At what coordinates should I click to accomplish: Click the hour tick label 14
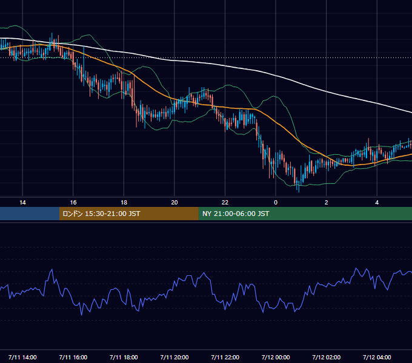(22, 203)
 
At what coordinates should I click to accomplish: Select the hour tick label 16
(73, 203)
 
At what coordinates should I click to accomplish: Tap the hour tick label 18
(124, 203)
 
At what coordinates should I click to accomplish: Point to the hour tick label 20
(174, 203)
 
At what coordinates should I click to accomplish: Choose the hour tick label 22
(225, 203)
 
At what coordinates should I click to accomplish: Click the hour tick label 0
(276, 203)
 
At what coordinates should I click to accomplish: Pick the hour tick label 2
(327, 203)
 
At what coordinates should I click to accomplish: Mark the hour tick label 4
(377, 203)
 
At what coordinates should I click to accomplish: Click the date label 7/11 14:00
(22, 357)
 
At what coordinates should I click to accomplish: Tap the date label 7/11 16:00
(73, 357)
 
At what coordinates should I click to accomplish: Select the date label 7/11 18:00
(124, 357)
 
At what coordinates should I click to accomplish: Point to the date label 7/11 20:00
(174, 357)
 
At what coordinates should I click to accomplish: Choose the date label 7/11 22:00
(225, 357)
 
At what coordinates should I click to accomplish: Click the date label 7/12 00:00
(276, 357)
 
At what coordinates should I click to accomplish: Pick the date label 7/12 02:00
(327, 357)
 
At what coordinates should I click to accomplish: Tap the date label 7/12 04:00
(377, 357)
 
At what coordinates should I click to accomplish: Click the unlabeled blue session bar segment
(30, 214)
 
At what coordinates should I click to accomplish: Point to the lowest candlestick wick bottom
(299, 192)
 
